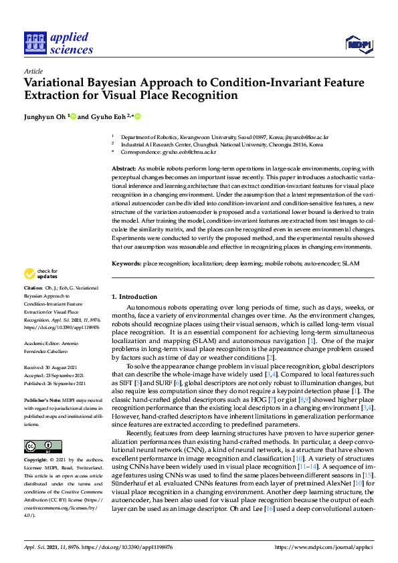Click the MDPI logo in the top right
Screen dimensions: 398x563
pyautogui.click(x=358, y=44)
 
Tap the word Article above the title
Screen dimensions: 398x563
pyautogui.click(x=33, y=71)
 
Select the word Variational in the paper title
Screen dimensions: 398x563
pyautogui.click(x=57, y=83)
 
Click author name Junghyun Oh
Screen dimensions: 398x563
pyautogui.click(x=45, y=116)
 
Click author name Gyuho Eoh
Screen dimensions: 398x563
pyautogui.click(x=109, y=116)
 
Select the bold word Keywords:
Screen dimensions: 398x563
pyautogui.click(x=126, y=264)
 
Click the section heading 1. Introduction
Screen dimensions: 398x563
pyautogui.click(x=134, y=296)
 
